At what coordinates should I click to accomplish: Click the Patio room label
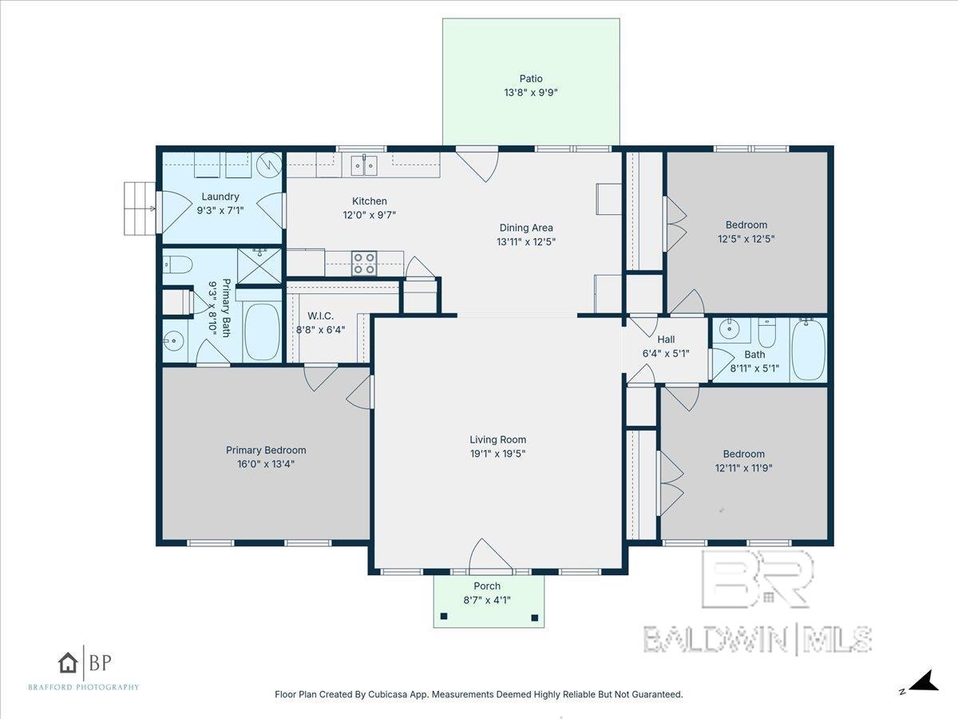[531, 78]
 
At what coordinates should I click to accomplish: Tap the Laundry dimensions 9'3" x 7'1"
[220, 210]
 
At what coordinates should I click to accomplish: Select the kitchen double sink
[364, 165]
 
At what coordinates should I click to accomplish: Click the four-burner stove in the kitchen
[364, 264]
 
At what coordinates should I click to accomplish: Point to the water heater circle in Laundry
[268, 165]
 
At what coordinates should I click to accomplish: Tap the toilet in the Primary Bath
[178, 264]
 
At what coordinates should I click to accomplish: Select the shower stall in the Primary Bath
[259, 266]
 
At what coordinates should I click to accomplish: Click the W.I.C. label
[320, 316]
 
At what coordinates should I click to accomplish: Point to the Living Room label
[498, 439]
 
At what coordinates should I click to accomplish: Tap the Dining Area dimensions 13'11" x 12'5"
[526, 241]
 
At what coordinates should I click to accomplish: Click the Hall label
[666, 340]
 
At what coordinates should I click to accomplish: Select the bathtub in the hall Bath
[809, 350]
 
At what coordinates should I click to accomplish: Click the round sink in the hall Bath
[729, 328]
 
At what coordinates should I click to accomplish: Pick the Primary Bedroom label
[266, 450]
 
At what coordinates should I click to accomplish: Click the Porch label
[487, 586]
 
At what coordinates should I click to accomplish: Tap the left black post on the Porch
[444, 617]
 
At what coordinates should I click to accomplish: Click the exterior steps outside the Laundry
[140, 209]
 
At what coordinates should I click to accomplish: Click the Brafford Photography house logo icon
[68, 663]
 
